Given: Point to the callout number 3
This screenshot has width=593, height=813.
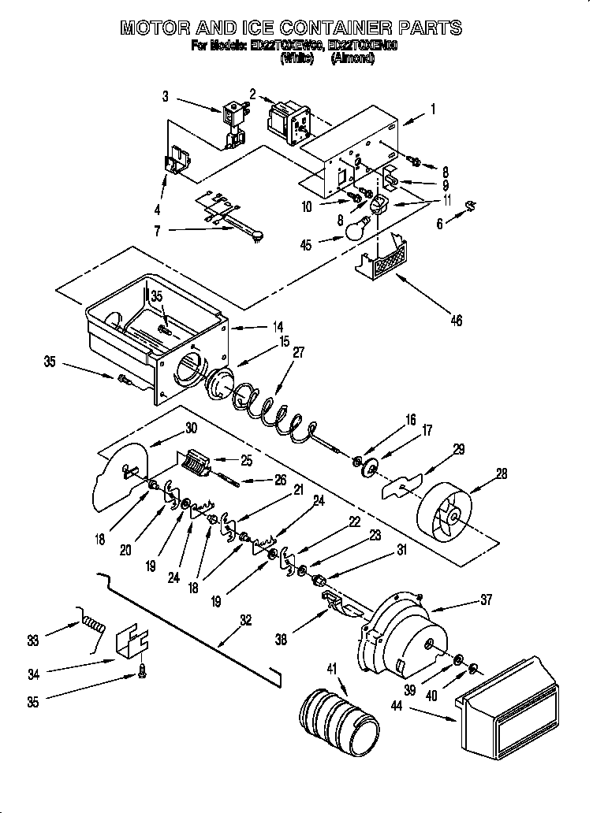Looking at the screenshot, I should [x=166, y=97].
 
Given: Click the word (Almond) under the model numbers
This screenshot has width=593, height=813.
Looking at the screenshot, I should [x=352, y=58].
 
